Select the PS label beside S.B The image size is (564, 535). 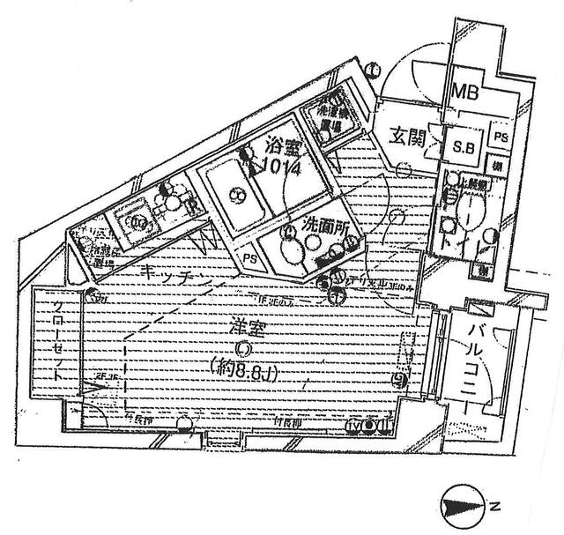pos(500,137)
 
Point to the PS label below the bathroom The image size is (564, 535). pos(251,258)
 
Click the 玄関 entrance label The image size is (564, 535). pos(406,137)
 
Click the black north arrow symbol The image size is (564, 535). pos(460,506)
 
